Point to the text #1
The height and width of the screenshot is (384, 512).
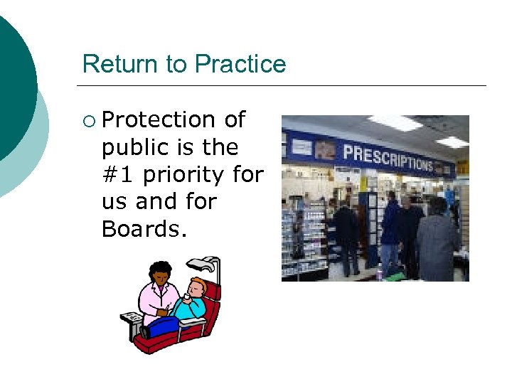point(118,175)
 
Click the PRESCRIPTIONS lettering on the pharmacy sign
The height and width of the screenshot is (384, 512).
point(388,157)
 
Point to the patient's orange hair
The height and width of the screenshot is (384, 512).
point(198,284)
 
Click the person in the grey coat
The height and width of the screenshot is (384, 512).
point(437,242)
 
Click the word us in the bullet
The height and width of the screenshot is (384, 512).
point(114,202)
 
